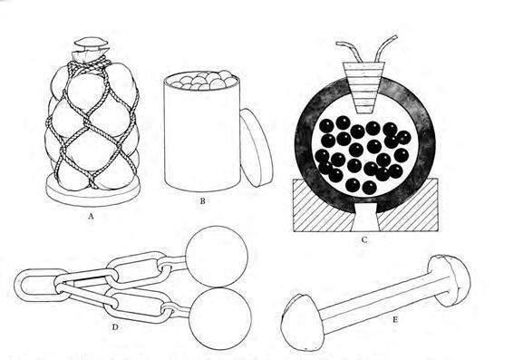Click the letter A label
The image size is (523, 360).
click(90, 216)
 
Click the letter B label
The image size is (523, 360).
click(202, 200)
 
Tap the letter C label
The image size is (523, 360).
click(364, 239)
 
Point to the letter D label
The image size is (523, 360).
click(115, 327)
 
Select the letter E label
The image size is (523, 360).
click(395, 320)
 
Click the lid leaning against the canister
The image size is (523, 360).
click(257, 148)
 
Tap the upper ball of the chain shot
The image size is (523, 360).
click(217, 257)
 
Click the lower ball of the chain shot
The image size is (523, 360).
click(220, 318)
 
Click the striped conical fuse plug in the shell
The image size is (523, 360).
click(364, 87)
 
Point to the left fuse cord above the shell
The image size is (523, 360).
click(350, 51)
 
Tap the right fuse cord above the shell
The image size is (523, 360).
click(386, 47)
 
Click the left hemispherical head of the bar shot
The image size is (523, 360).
click(302, 323)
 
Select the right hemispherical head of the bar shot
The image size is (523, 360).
click(450, 280)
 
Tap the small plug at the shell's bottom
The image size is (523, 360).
click(365, 218)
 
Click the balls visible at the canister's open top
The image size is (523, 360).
click(204, 81)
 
